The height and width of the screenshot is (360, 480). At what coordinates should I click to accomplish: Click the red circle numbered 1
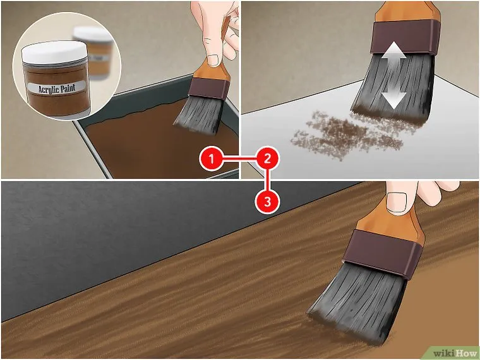pos(211,159)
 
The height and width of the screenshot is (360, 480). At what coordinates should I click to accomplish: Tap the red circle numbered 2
pos(267,159)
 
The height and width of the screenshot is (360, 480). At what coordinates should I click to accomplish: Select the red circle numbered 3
pos(267,201)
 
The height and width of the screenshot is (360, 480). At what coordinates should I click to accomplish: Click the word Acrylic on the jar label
pos(48,89)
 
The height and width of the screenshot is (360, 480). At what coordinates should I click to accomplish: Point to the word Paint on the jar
pos(68,88)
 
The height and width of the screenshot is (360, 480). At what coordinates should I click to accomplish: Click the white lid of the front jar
pos(54,52)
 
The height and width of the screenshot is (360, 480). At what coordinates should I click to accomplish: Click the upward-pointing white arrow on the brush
pos(393,54)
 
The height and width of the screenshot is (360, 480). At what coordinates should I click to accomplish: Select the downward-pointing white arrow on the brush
pos(393,97)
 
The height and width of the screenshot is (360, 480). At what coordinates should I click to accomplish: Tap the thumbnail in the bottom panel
pos(397,201)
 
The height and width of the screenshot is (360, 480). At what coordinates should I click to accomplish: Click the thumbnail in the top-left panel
pos(214,60)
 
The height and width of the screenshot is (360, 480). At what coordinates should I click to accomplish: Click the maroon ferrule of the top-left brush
pos(209,88)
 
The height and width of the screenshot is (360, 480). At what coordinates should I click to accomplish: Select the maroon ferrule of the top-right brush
pos(403,37)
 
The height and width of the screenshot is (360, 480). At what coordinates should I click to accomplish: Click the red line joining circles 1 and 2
pos(239,159)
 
